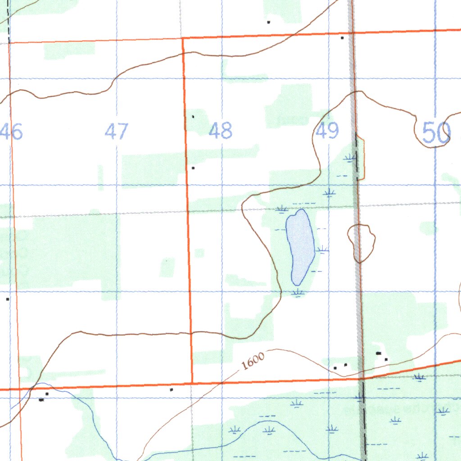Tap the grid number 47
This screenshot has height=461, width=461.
click(117, 131)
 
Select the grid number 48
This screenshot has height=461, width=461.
click(221, 131)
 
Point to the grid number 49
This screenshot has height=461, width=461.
click(327, 131)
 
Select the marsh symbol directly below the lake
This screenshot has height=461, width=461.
click(297, 293)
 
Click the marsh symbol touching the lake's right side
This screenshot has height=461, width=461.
click(322, 249)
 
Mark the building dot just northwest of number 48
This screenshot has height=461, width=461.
click(193, 117)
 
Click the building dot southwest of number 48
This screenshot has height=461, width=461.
click(193, 168)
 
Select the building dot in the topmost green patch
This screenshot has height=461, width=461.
click(268, 22)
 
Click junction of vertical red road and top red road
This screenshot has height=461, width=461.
click(183, 39)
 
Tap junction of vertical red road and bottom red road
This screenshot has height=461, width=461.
click(192, 384)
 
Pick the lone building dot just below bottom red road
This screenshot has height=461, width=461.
click(171, 389)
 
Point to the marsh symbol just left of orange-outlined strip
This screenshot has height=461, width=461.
click(349, 158)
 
